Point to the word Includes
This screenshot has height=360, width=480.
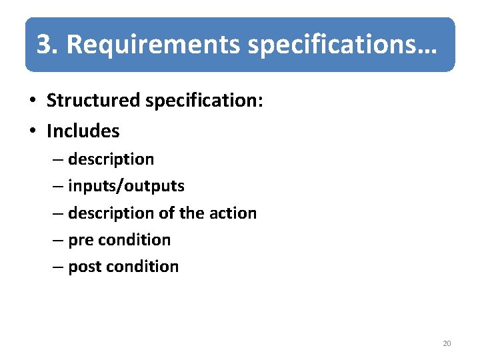click(83, 131)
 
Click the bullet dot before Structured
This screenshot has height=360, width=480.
click(32, 101)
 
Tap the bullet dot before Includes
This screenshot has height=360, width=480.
click(32, 131)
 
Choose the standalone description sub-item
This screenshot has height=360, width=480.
click(111, 159)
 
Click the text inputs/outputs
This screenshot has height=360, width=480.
click(126, 186)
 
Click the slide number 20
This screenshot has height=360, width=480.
click(447, 343)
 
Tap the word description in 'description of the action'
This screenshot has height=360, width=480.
click(111, 213)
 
